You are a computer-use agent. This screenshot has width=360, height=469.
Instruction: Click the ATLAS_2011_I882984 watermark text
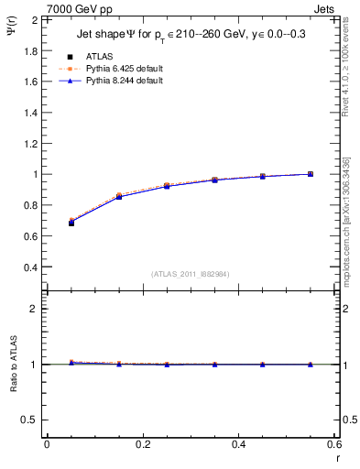pyautogui.click(x=190, y=273)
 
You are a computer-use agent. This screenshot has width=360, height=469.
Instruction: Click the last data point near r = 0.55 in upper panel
pyautogui.click(x=311, y=174)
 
